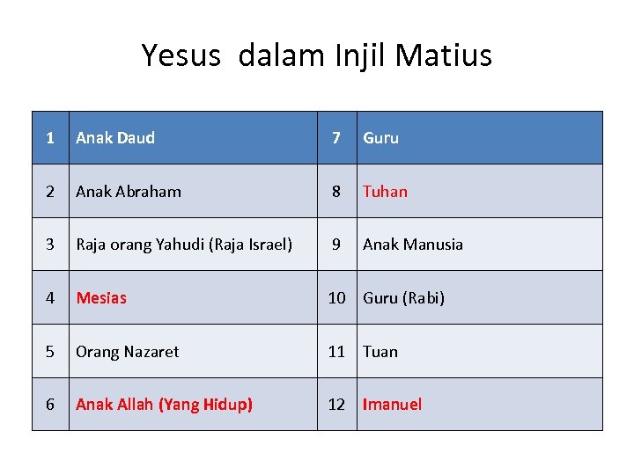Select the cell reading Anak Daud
(115, 138)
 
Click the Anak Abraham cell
(129, 192)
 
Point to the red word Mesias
(101, 298)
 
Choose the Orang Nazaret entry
(127, 352)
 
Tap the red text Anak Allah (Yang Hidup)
(164, 405)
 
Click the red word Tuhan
(385, 192)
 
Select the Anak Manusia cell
(412, 245)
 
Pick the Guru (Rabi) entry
(403, 298)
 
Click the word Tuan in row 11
(380, 352)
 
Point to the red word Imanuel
(392, 405)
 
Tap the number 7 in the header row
(335, 138)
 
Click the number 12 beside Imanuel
(336, 405)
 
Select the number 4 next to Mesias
(50, 298)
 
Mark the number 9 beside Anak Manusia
(335, 245)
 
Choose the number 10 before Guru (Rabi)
(336, 298)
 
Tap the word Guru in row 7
(380, 138)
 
